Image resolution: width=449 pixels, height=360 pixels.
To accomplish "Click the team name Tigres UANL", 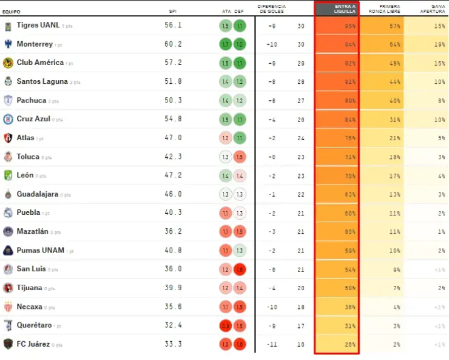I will pos(38,25).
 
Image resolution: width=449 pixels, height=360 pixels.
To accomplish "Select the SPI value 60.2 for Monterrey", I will pos(173,44).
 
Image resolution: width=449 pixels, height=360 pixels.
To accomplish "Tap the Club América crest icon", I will pos(8,63).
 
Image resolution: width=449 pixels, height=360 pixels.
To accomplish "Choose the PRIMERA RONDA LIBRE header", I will pos(380,9).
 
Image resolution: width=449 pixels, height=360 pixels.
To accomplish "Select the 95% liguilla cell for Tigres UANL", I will pos(349,26).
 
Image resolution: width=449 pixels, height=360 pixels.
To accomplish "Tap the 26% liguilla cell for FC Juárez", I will pos(349,344).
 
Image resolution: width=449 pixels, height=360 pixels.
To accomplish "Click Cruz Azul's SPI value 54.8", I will pos(173,119).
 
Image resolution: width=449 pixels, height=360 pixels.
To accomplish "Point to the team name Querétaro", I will pos(35,325).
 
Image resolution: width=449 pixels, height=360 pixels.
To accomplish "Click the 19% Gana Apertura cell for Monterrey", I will pos(439,44).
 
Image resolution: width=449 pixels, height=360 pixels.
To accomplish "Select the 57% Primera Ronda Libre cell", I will pos(394,26).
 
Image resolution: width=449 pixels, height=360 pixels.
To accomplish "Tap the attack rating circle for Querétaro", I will pos(225,325).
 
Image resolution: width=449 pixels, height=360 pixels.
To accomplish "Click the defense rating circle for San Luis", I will pos(240,269).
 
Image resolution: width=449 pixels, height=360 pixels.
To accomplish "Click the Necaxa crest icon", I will pos(8,307).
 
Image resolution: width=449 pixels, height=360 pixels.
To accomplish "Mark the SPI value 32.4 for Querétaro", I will pos(173,325).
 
